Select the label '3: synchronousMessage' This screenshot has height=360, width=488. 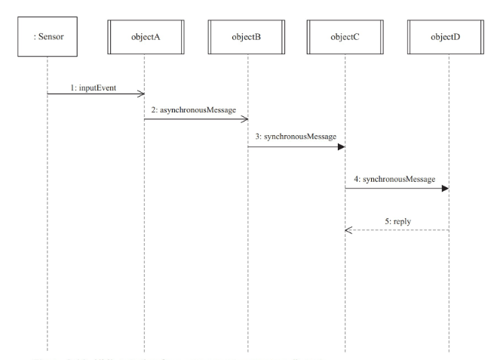(296, 137)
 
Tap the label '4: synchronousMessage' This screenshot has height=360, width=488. (394, 179)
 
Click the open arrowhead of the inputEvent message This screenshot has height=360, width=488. (140, 94)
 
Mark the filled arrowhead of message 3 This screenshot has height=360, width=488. (342, 146)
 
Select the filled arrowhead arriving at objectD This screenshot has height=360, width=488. (444, 189)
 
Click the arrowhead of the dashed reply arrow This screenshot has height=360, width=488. (348, 230)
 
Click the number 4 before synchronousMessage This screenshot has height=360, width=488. (355, 179)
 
